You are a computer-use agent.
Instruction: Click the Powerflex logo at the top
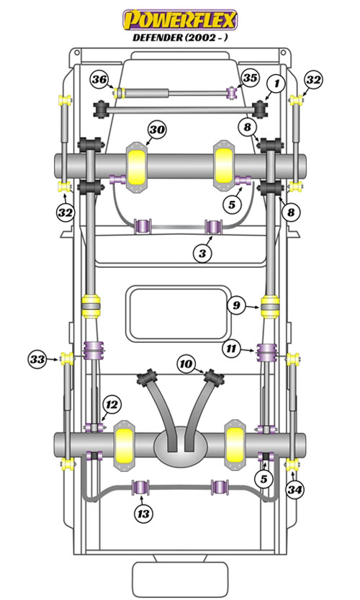coord(180,19)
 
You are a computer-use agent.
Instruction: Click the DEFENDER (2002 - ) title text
coord(180,37)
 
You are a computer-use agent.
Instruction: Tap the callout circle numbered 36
coord(99,79)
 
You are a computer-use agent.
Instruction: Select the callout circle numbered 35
coord(250,78)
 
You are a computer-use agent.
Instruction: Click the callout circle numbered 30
coord(157,130)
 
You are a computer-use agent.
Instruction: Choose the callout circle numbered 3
coord(202,253)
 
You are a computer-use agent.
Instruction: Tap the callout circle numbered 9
coord(236,305)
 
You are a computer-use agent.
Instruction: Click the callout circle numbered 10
coord(186,364)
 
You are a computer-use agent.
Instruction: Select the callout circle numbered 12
coord(112,405)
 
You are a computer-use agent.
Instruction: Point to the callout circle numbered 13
coord(143,514)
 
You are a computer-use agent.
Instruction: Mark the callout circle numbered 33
coord(37,359)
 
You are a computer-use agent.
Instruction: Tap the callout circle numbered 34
coord(295,489)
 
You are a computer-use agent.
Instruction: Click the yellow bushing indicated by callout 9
coord(270,305)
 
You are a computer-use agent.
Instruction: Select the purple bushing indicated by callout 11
coord(266,352)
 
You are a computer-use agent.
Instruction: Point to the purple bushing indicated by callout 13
coord(140,487)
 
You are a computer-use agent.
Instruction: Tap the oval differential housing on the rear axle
coord(180,447)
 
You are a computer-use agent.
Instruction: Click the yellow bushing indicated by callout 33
coord(68,359)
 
